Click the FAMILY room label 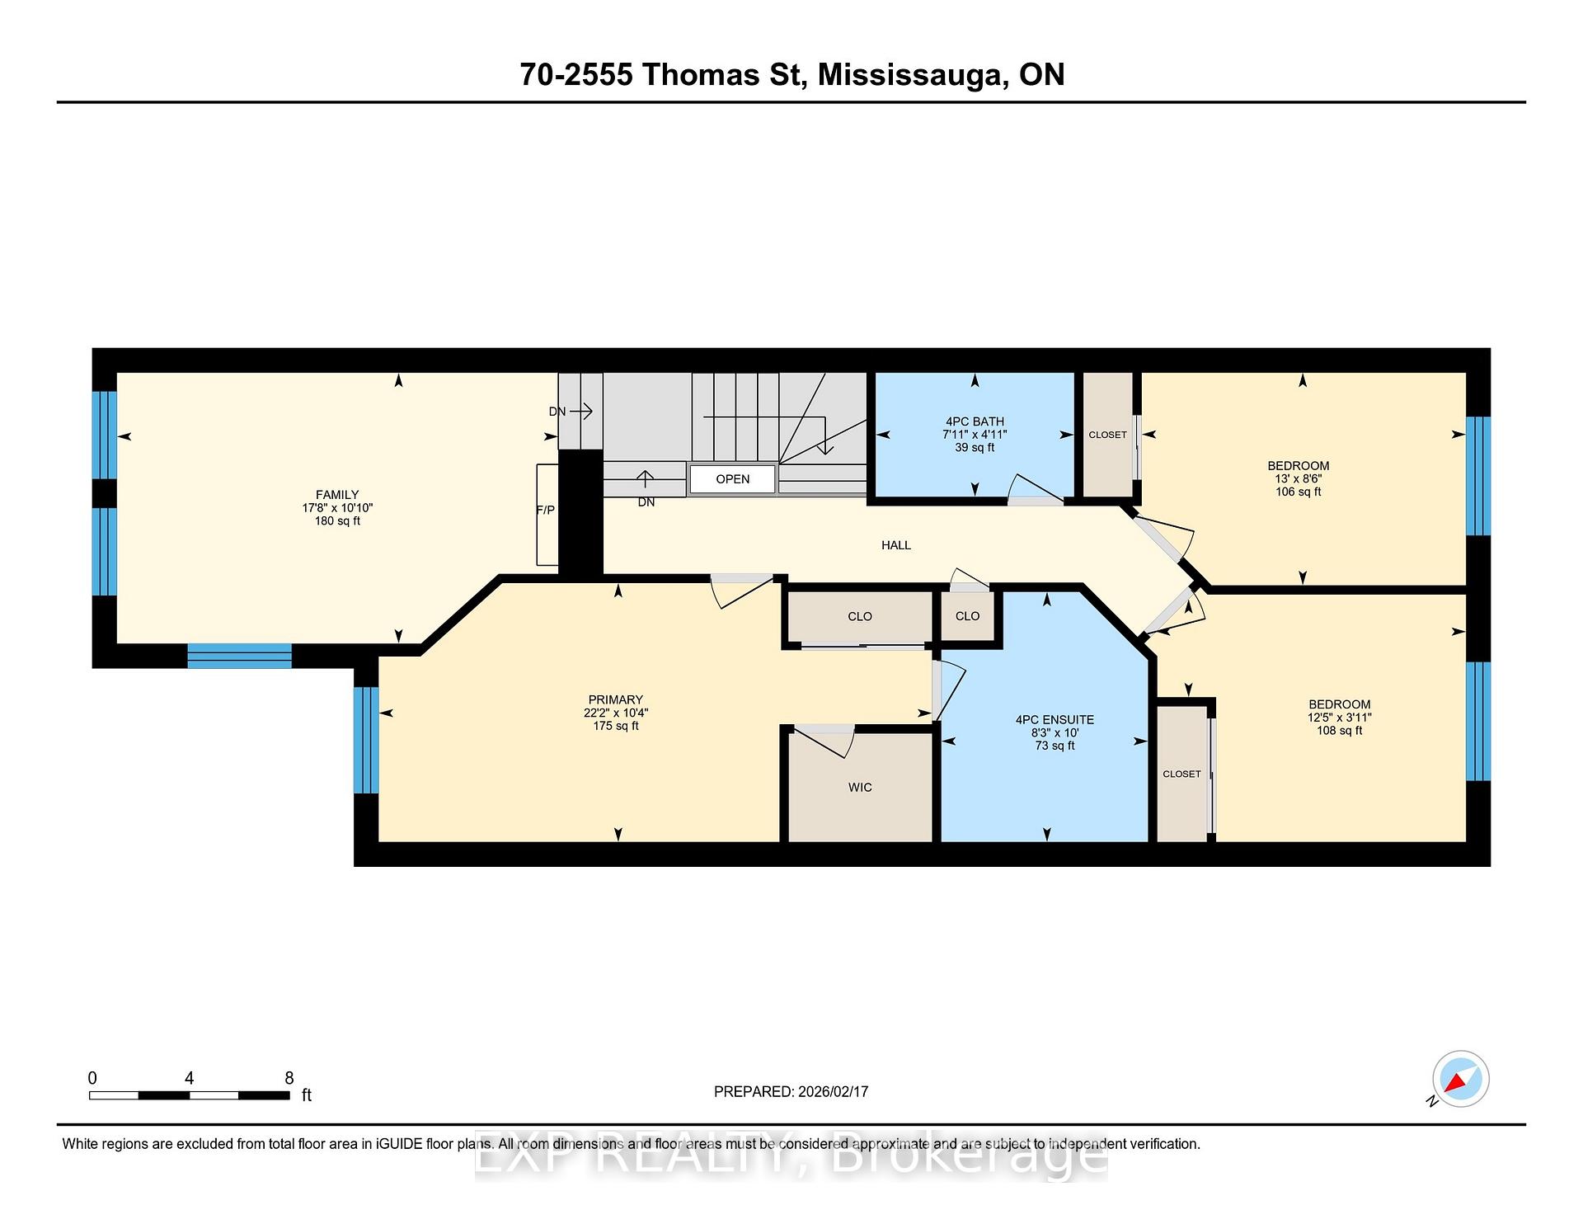coord(336,495)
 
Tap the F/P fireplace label coord(545,510)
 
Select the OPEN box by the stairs coord(732,479)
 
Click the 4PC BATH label coord(975,421)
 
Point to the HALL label coord(895,545)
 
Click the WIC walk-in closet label coord(859,788)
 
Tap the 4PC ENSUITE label coord(1055,720)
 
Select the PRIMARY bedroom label coord(615,699)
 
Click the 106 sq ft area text coord(1298,492)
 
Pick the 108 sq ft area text coord(1339,730)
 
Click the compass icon coord(1460,1079)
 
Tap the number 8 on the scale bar coord(289,1078)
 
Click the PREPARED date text coord(791,1091)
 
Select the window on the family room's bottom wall coord(239,656)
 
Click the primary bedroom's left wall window coord(366,740)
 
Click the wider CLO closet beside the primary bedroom coord(859,617)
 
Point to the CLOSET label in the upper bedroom coord(1107,435)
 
